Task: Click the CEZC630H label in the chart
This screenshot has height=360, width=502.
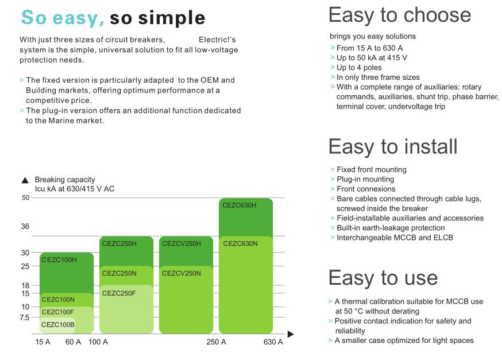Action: (239, 206)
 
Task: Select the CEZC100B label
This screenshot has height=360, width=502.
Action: (58, 325)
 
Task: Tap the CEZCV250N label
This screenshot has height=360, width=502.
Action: (181, 274)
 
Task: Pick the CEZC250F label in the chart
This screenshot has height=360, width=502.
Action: (119, 293)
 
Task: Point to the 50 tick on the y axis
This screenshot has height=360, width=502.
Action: (26, 198)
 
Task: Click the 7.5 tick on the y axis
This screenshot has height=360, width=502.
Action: (24, 318)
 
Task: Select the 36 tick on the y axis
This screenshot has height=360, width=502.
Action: (25, 227)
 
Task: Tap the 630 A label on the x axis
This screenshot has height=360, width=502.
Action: (273, 342)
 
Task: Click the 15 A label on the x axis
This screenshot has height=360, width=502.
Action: (43, 342)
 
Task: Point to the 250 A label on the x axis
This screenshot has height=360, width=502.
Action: (216, 342)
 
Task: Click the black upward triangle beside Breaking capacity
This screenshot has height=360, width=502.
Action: (25, 180)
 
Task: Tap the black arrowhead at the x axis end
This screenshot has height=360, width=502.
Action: (291, 334)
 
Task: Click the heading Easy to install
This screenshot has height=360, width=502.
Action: (393, 147)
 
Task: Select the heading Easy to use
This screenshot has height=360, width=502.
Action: (383, 278)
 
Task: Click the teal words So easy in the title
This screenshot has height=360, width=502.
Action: (63, 18)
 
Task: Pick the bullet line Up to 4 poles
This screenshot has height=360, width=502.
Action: (359, 68)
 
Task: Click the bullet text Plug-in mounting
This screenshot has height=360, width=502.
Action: (365, 179)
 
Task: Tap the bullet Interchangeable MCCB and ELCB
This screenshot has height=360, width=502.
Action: (395, 238)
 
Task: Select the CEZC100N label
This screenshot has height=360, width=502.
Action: (58, 300)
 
